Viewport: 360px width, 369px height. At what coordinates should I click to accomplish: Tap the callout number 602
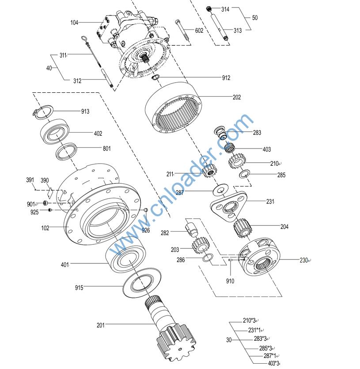point(199,30)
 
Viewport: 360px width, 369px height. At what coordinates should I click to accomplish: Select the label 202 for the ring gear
point(237,97)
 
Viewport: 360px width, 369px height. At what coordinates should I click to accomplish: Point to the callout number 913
point(85,111)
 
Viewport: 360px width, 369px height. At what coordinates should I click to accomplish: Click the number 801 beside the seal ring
point(106,148)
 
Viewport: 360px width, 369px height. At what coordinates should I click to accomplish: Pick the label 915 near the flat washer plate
point(79,288)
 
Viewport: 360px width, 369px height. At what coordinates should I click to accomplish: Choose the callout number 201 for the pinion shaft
point(101,325)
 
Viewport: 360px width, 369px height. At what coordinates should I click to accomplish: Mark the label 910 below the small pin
point(230,281)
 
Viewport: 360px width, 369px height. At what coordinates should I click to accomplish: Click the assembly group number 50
point(255,18)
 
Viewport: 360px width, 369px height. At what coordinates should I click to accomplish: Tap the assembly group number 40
point(49,68)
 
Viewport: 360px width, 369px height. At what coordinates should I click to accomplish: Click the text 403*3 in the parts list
point(273,363)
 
